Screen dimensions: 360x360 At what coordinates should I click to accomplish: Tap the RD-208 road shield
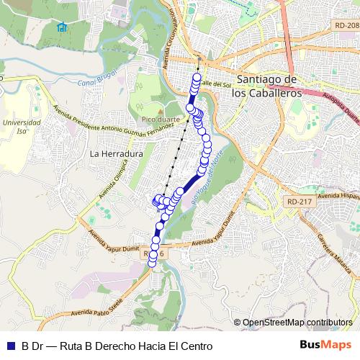[x=346, y=26]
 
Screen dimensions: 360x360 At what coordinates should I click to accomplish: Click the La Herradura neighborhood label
[x=117, y=154]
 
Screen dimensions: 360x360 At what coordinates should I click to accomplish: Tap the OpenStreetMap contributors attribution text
[x=297, y=323]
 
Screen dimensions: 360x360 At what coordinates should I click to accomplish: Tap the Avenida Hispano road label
[x=338, y=197]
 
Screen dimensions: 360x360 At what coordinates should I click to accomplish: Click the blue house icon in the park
[x=62, y=28]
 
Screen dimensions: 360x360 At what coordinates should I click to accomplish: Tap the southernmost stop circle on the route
[x=152, y=263]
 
